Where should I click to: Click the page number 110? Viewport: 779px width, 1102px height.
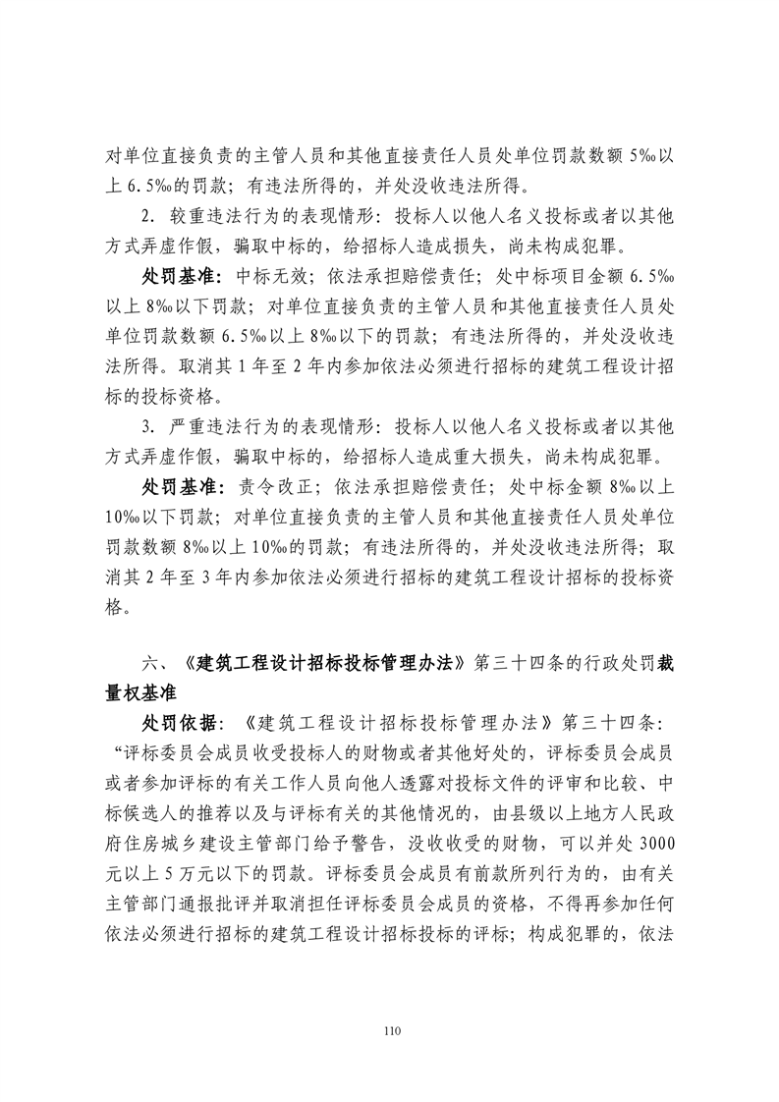[x=390, y=1031]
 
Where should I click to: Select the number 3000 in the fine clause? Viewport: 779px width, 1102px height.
[x=646, y=842]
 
